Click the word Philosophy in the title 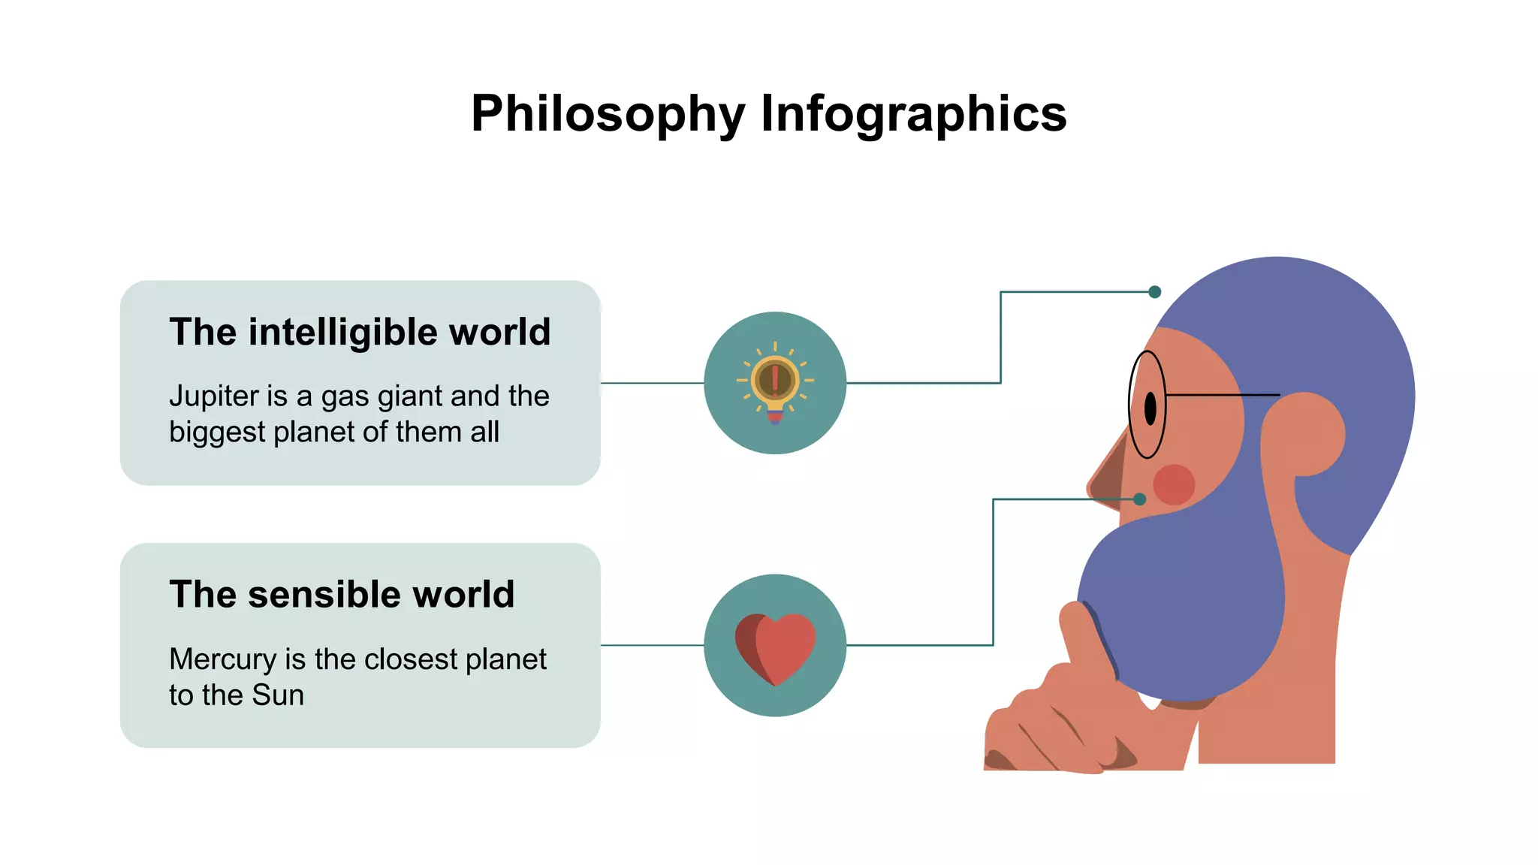(608, 114)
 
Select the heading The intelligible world (360, 332)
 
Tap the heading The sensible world (342, 595)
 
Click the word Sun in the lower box (278, 695)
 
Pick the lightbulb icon (775, 383)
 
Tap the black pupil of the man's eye (1150, 408)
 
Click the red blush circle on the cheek (1174, 484)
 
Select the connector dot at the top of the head (1155, 292)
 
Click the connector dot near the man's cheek (1140, 499)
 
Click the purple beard (1187, 601)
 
